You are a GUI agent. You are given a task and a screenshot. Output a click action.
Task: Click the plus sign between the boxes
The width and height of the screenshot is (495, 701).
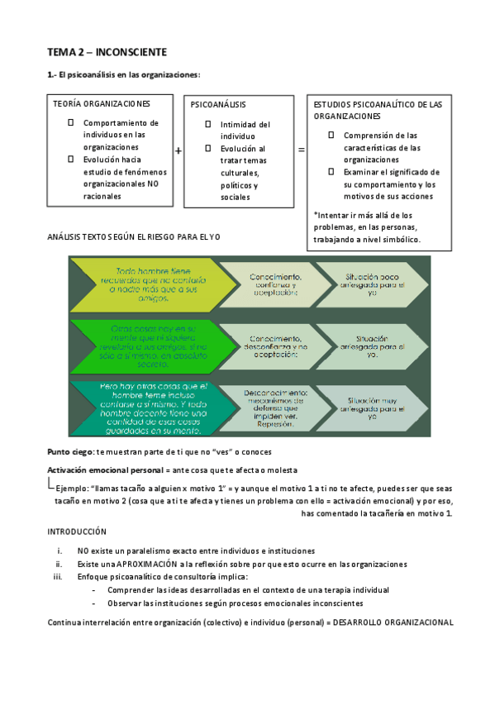(x=178, y=150)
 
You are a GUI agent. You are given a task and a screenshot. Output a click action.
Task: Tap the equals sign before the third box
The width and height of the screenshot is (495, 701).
(x=301, y=150)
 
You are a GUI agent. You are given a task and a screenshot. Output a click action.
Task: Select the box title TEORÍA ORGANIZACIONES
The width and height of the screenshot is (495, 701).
(x=101, y=104)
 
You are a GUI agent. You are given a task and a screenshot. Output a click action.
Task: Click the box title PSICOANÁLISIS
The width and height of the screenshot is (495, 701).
(x=218, y=105)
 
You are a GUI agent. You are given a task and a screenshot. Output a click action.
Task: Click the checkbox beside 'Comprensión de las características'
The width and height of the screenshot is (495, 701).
(x=331, y=135)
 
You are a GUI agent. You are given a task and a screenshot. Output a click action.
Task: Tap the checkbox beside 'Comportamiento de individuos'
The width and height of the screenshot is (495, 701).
(x=71, y=122)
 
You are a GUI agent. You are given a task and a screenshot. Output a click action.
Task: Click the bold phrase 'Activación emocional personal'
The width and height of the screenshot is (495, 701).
(x=100, y=470)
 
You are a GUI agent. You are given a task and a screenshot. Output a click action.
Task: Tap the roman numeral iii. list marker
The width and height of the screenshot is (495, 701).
(x=58, y=576)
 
